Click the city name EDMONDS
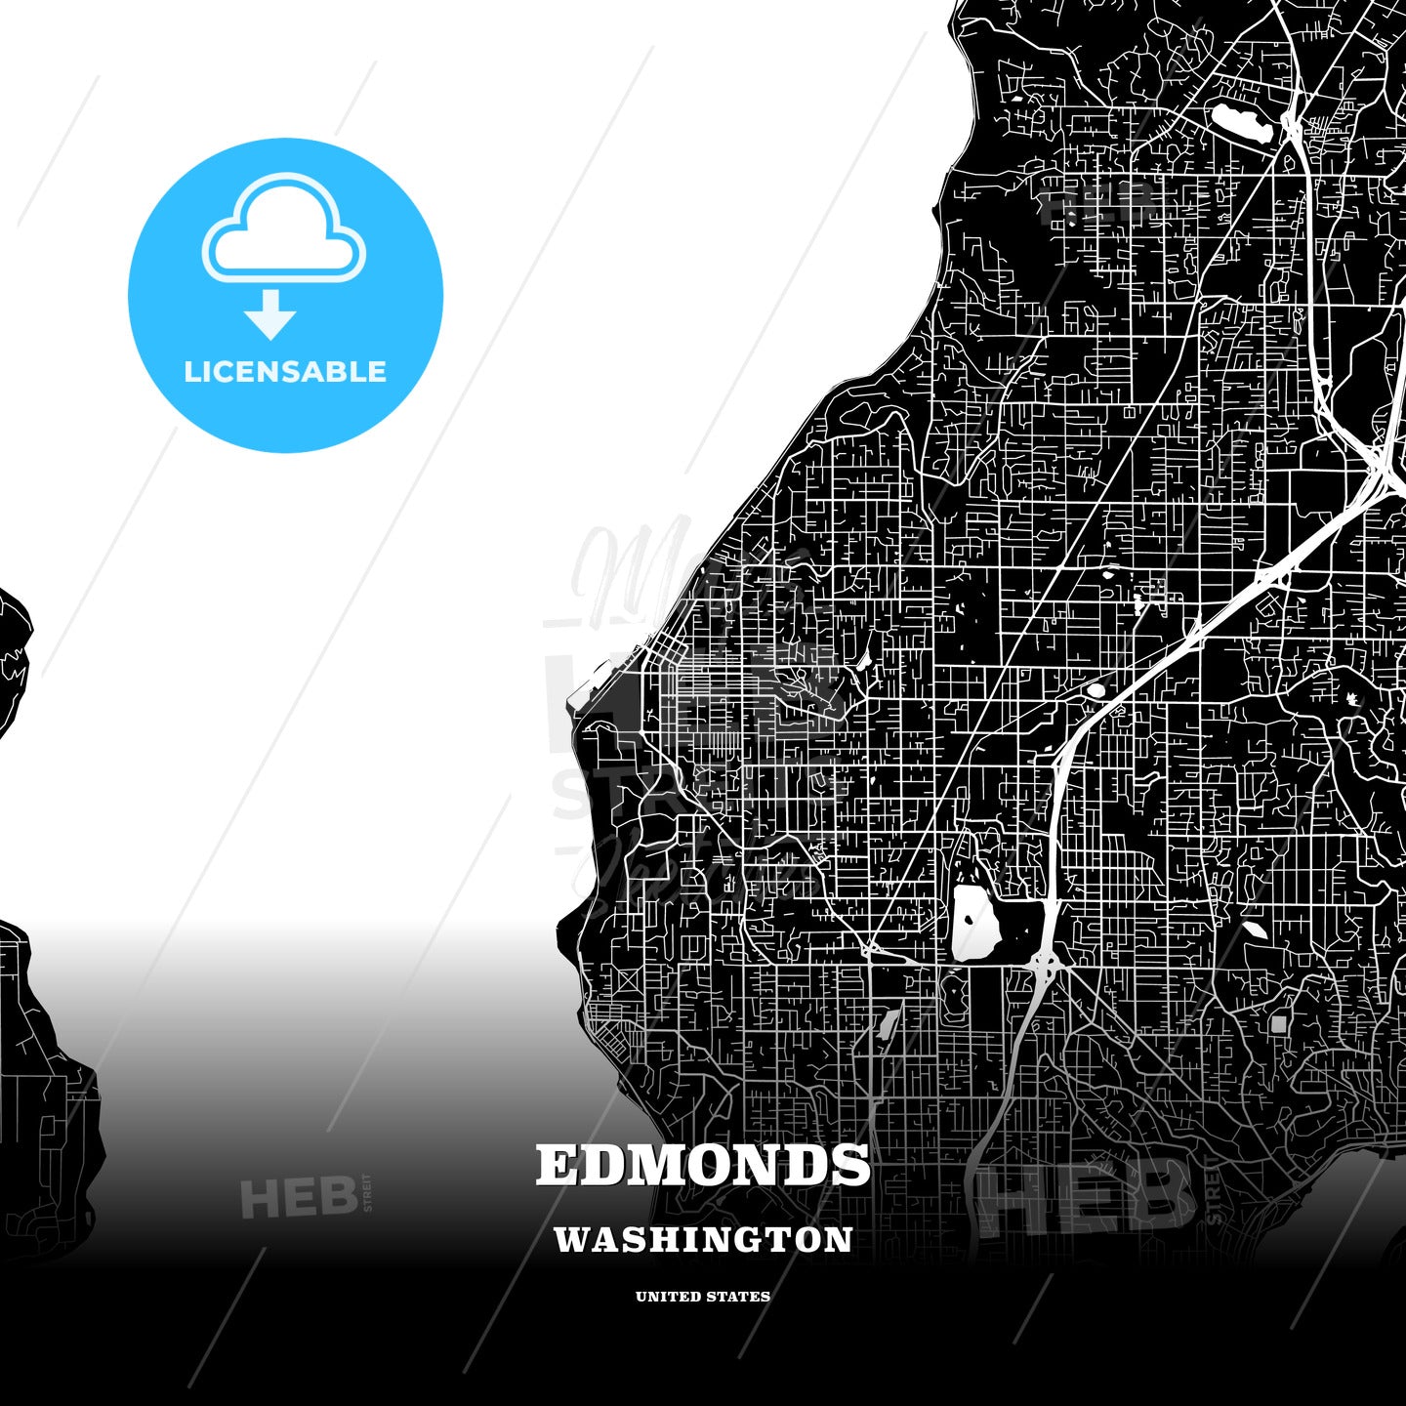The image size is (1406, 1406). tap(703, 1165)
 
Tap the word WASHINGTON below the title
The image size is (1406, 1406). tap(703, 1240)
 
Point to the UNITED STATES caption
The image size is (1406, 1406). tap(703, 1297)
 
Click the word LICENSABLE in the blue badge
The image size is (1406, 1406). tap(285, 372)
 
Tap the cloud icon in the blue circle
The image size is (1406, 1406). tap(283, 229)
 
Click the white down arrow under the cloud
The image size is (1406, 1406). tap(270, 314)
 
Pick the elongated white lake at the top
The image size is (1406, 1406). tap(1240, 123)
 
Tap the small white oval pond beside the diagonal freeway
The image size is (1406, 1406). tap(1096, 690)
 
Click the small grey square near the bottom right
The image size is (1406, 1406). tap(1279, 1024)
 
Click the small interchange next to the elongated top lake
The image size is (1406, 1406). tap(1292, 125)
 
